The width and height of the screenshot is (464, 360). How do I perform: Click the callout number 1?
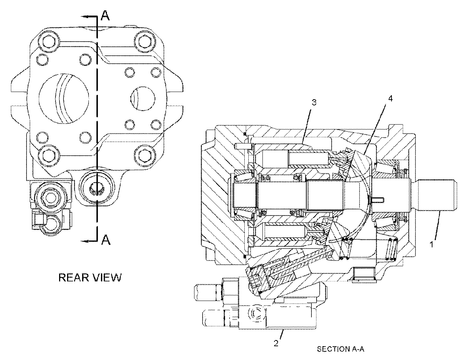pyautogui.click(x=431, y=244)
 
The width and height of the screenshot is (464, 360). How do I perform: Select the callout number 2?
pyautogui.click(x=276, y=343)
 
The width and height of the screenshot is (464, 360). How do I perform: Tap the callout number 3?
pyautogui.click(x=314, y=102)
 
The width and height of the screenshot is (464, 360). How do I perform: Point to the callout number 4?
pyautogui.click(x=390, y=99)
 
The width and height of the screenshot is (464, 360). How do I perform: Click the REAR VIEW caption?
pyautogui.click(x=90, y=277)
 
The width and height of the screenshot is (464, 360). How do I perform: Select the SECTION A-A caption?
pyautogui.click(x=340, y=349)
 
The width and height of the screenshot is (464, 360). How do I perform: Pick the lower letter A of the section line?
pyautogui.click(x=106, y=239)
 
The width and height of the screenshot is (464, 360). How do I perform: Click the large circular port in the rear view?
pyautogui.click(x=64, y=98)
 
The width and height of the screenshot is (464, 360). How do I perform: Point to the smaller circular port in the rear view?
pyautogui.click(x=142, y=99)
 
